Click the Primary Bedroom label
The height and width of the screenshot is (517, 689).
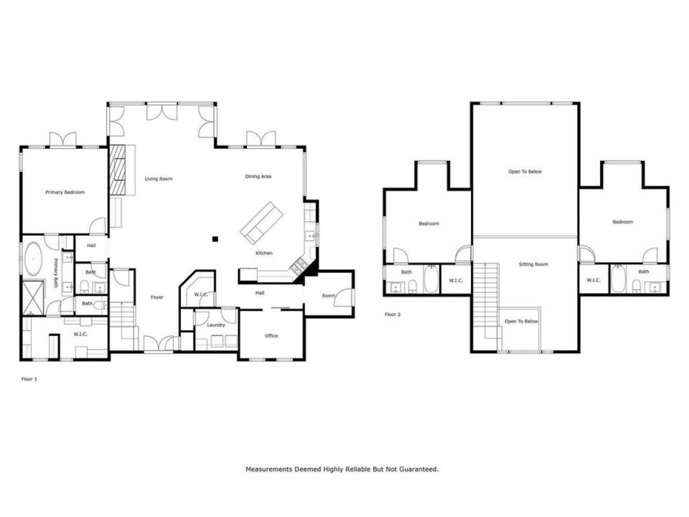(65, 192)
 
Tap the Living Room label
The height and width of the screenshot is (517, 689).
(158, 179)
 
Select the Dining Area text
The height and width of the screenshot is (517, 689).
(258, 176)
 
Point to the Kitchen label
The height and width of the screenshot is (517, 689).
(264, 253)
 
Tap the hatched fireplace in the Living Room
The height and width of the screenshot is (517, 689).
(117, 170)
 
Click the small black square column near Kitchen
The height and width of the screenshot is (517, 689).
(215, 239)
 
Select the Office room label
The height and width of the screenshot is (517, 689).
(271, 335)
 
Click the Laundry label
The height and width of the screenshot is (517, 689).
(216, 325)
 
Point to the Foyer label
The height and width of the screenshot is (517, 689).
(157, 297)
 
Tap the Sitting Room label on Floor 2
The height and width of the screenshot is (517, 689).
(533, 264)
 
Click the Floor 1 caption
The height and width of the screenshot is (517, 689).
(29, 379)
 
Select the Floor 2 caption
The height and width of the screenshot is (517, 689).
(393, 314)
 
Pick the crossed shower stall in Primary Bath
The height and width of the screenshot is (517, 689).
(33, 298)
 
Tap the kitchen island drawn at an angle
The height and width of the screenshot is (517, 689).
(262, 222)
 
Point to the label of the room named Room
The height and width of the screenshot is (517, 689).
(328, 295)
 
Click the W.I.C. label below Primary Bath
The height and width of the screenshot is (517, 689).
(80, 334)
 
